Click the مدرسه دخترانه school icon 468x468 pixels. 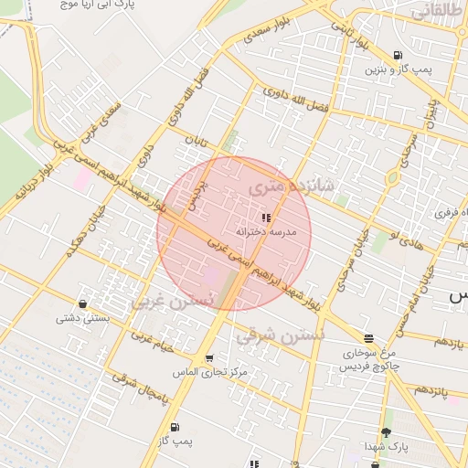(x=266, y=218)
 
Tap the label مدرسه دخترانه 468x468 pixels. (x=266, y=232)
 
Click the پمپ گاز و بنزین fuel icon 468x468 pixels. (x=398, y=55)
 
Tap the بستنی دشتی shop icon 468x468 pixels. (x=83, y=304)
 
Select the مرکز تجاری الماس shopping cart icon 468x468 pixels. (x=209, y=358)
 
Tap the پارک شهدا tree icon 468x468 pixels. (x=386, y=431)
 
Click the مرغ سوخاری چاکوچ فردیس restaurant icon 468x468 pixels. (x=368, y=337)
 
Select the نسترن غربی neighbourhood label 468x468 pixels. (x=173, y=300)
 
